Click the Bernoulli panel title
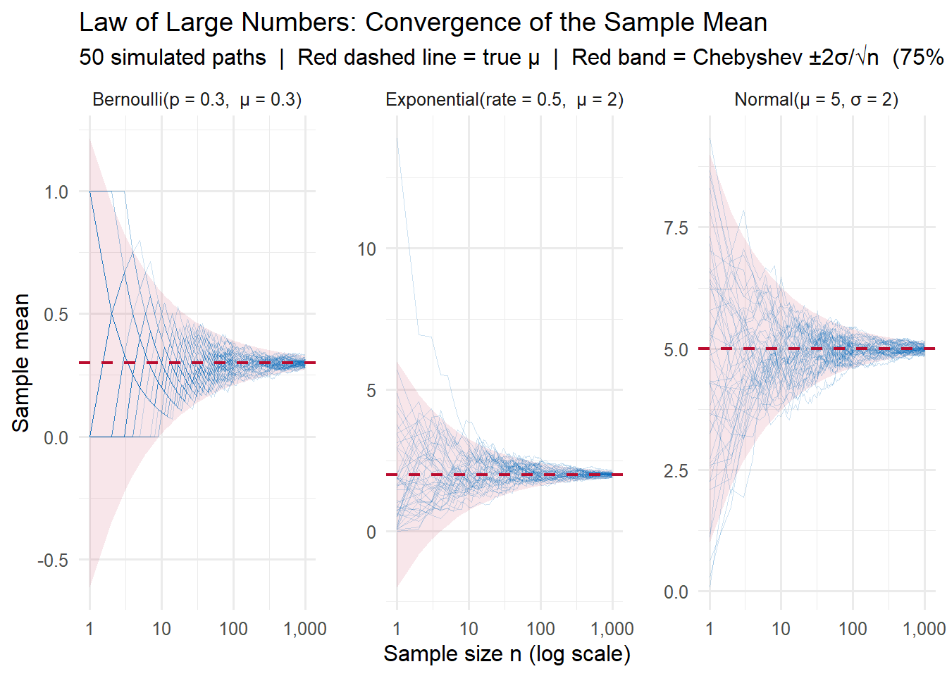coord(197,100)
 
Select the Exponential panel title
coord(504,100)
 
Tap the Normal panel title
coord(816,100)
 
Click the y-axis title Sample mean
coord(21,363)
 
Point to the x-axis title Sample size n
coord(507,654)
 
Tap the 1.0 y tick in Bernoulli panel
coord(56,192)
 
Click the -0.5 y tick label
coord(53,561)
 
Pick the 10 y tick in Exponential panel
coord(366,249)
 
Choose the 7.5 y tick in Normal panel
coord(676,228)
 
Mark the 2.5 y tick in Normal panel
coord(676,471)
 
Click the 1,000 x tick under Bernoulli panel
coord(304,629)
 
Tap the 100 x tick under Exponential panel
coord(540,629)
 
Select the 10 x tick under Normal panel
coord(781,629)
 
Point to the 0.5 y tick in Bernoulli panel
coord(56,315)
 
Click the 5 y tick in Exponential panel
coord(371,391)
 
